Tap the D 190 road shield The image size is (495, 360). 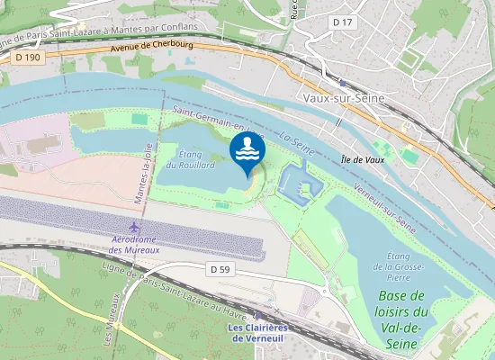28,57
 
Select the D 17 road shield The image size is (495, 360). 341,21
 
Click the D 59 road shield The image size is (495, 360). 220,268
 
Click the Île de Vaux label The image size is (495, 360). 363,159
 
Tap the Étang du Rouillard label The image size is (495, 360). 197,160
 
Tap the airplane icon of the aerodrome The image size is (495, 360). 135,225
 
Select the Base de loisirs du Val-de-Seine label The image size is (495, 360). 401,310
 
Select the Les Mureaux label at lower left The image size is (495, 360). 112,319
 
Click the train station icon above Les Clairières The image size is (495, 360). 257,314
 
